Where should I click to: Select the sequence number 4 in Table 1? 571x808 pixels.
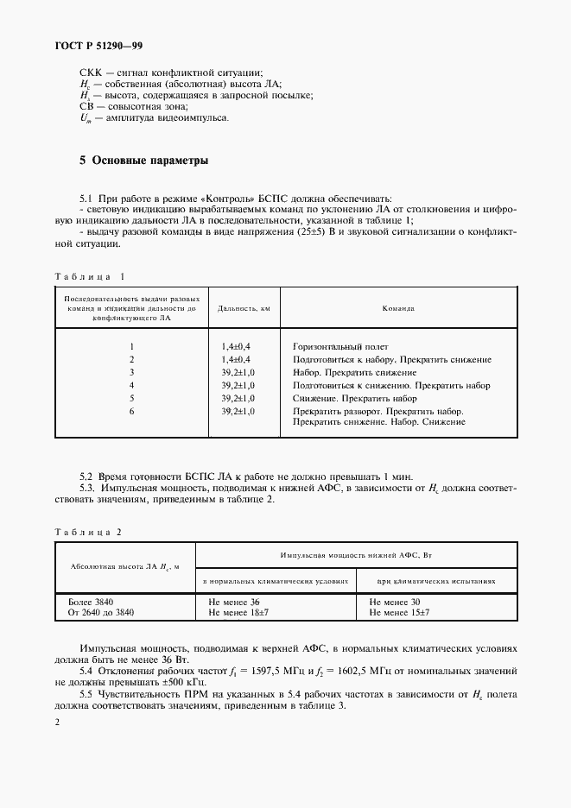click(132, 384)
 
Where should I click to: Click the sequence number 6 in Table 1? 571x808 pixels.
click(132, 411)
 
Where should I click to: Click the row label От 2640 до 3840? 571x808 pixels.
click(101, 612)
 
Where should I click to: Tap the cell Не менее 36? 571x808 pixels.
click(234, 601)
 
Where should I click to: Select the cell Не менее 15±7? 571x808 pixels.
click(399, 612)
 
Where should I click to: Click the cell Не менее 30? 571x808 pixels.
click(394, 601)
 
